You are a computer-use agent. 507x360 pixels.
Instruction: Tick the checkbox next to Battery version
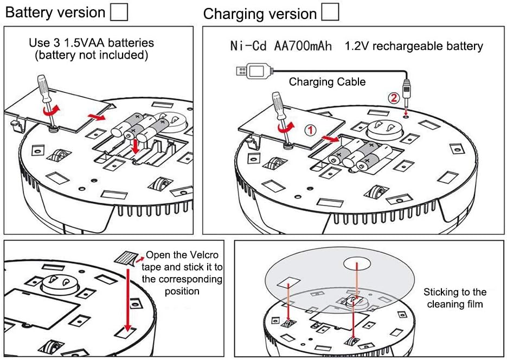[119, 12]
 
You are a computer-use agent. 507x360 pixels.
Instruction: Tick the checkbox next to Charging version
[330, 12]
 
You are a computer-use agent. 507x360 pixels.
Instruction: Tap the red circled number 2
[394, 98]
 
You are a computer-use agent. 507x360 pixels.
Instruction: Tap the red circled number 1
[310, 130]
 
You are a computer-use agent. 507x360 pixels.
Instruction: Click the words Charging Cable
[327, 82]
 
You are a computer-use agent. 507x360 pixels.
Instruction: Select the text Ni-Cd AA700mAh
[281, 46]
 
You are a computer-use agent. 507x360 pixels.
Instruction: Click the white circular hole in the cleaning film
[356, 263]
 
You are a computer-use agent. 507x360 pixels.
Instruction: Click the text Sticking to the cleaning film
[455, 298]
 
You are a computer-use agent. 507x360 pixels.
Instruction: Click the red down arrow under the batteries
[135, 146]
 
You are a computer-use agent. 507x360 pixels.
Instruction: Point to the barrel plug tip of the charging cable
[406, 104]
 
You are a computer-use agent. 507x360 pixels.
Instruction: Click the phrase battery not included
[92, 55]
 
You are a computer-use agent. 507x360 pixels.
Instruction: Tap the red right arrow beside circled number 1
[330, 139]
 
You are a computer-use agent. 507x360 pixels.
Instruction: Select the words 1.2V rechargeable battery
[414, 46]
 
